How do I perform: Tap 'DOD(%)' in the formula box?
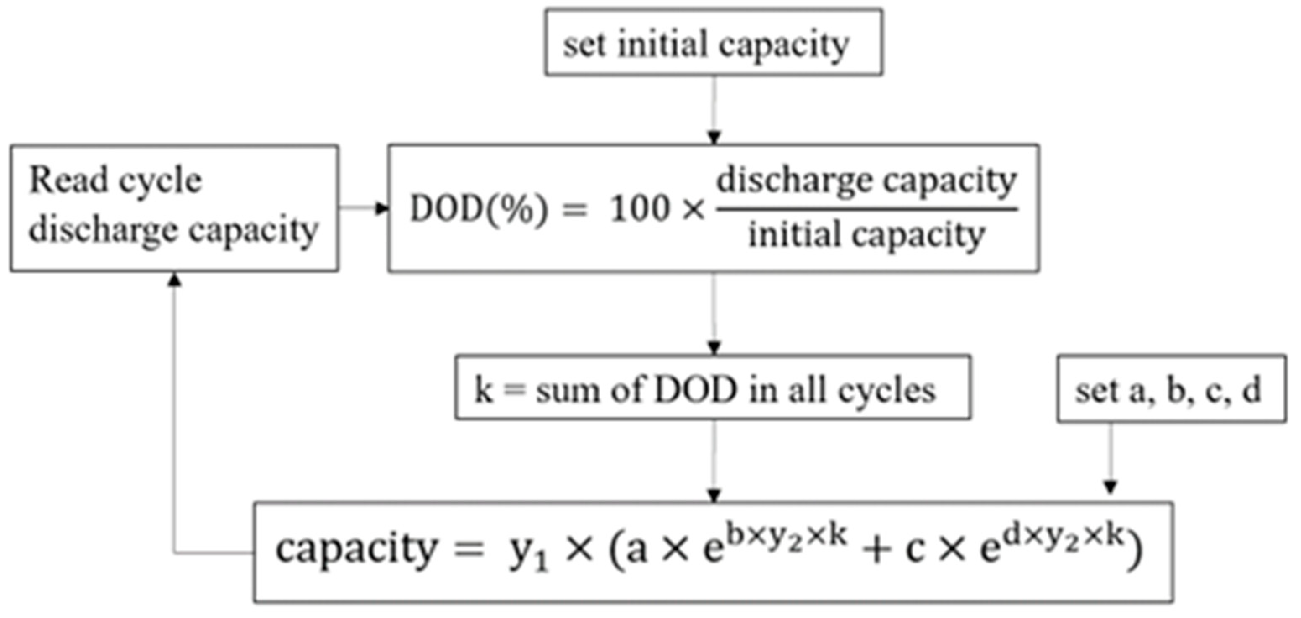point(478,209)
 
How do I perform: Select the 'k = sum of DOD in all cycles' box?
point(712,388)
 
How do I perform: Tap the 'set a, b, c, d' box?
point(1171,389)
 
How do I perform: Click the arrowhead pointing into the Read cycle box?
point(175,279)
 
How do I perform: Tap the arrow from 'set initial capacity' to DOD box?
point(713,109)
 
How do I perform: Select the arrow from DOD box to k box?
point(713,313)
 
